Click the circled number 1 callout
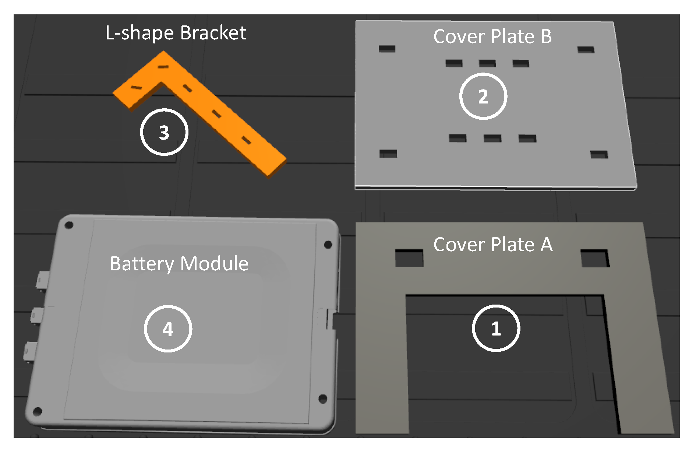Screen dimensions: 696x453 point(496,328)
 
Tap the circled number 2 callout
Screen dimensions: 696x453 point(483,96)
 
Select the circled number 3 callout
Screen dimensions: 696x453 point(164,132)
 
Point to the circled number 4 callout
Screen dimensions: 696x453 point(168,329)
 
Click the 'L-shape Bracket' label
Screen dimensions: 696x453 point(176,33)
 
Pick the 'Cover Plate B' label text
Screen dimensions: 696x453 point(492,36)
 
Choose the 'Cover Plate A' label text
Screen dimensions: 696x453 point(493,245)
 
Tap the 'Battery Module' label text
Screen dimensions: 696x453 point(179,264)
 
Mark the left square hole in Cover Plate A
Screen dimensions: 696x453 point(409,258)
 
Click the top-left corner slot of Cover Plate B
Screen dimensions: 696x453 point(387,49)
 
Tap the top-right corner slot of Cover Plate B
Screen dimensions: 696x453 point(586,49)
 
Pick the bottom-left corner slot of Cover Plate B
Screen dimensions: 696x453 point(388,154)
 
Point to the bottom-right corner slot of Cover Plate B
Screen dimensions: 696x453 point(599,154)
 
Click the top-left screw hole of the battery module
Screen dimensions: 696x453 point(69,225)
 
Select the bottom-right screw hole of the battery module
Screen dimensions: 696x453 point(323,398)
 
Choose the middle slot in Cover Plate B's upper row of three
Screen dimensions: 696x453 point(487,63)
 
